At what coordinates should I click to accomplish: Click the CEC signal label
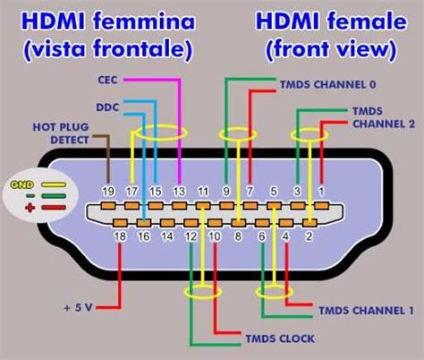click(107, 79)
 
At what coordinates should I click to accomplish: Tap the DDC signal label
click(107, 107)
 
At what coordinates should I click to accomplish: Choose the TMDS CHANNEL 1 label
click(364, 311)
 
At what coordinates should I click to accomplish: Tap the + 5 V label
click(79, 307)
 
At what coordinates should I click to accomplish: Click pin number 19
click(109, 190)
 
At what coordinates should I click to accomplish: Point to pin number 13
click(180, 190)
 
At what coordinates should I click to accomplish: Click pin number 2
click(310, 236)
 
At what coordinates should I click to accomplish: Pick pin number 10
click(215, 236)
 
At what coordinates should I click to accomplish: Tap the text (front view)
click(330, 49)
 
